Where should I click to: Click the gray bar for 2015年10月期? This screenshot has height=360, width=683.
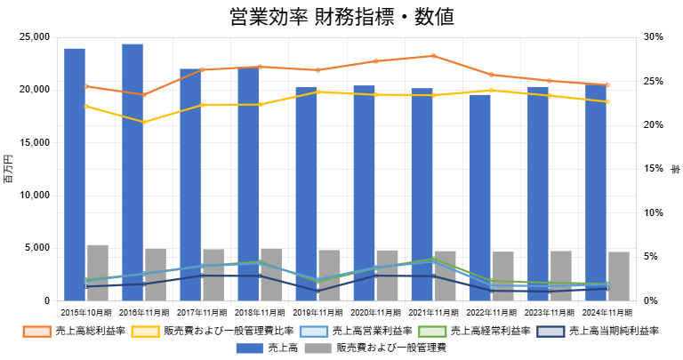98,273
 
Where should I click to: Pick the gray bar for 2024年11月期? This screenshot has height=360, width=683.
618,276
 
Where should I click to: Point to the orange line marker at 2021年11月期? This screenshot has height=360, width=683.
433,56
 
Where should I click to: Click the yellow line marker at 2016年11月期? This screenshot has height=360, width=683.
144,122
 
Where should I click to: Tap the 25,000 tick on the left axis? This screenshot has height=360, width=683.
34,37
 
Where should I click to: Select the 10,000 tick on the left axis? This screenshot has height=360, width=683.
34,196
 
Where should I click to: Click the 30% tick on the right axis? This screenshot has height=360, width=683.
654,37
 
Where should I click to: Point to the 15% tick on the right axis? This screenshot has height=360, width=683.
654,169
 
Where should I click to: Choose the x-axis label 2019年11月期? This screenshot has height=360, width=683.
317,313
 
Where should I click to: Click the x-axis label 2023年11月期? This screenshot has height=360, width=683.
549,313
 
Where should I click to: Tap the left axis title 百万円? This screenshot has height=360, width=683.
9,169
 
